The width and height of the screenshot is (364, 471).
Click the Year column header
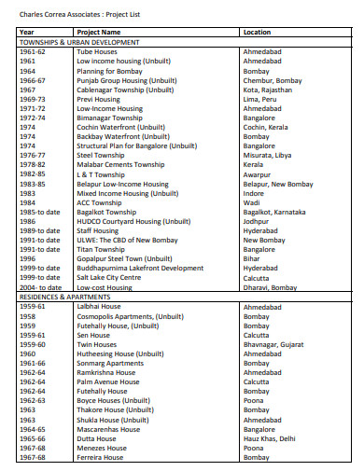tap(26, 32)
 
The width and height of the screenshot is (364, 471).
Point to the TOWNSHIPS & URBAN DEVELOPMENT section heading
tap(79, 42)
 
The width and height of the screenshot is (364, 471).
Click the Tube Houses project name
tap(98, 52)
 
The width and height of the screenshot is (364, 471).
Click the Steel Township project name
tap(102, 154)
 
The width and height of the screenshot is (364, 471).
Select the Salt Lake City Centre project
tap(110, 278)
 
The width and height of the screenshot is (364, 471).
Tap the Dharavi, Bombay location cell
tap(270, 287)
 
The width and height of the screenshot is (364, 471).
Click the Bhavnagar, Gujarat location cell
tap(273, 343)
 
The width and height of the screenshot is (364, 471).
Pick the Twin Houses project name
tap(96, 343)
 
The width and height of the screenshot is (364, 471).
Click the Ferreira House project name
tap(100, 457)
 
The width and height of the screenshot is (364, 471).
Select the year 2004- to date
tap(38, 287)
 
